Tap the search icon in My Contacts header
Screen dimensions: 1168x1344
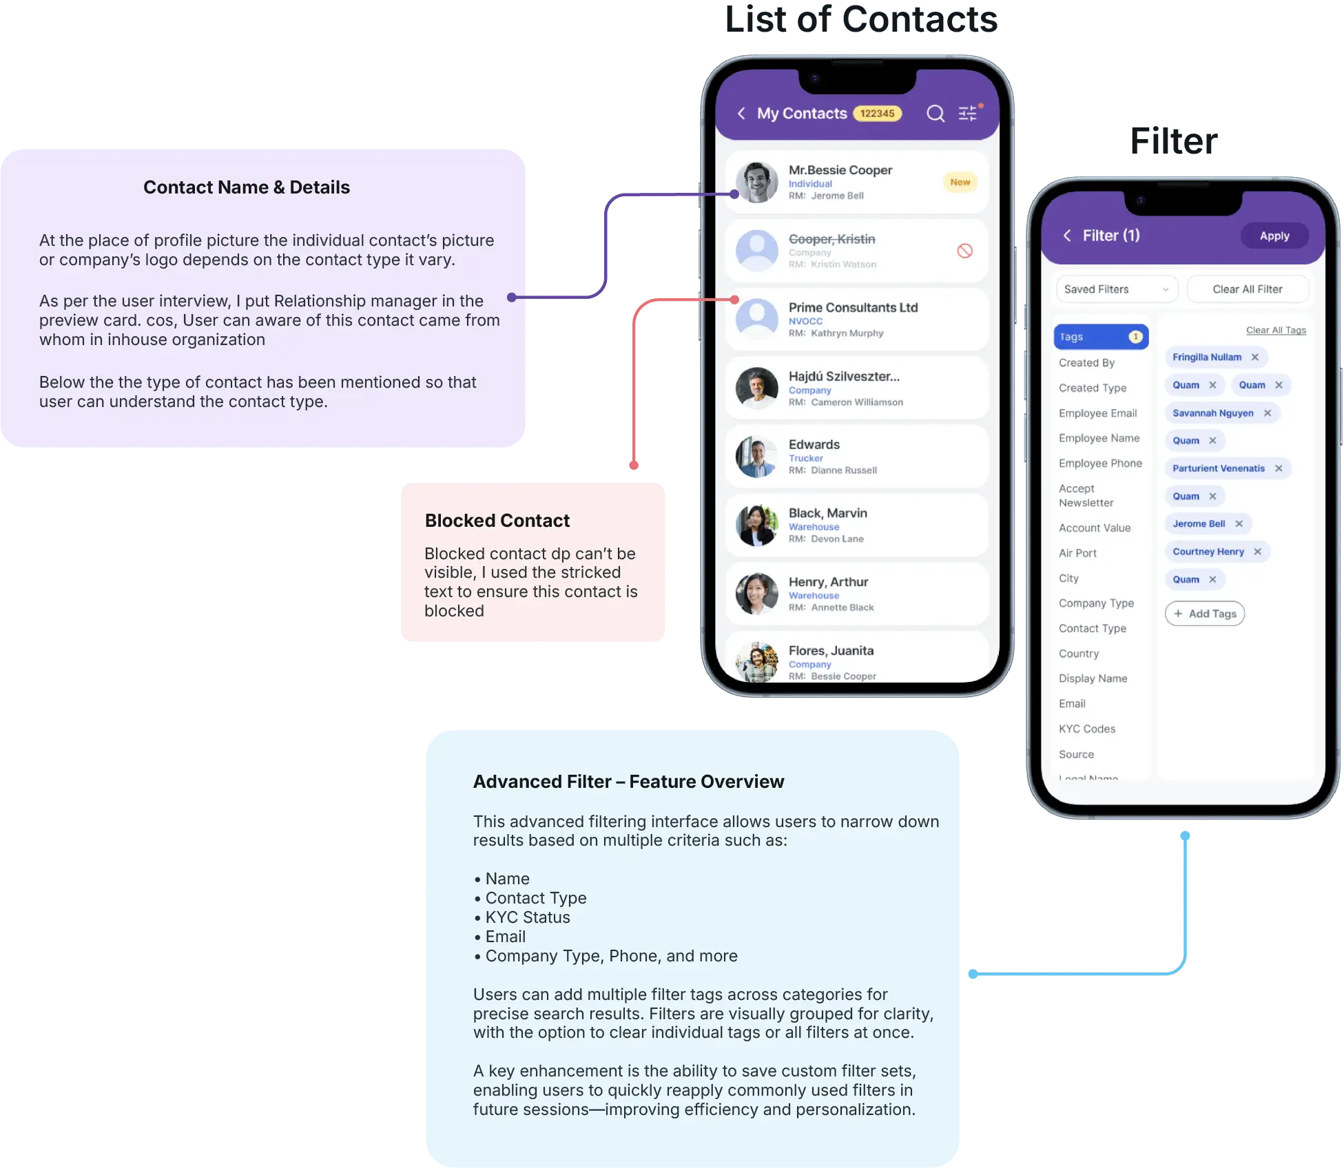(x=935, y=114)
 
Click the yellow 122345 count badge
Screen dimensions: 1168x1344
(x=877, y=114)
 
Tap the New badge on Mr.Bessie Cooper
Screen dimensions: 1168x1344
(x=960, y=182)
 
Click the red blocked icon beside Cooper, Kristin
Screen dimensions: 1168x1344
(x=964, y=251)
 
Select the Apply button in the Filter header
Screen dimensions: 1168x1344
(x=1274, y=236)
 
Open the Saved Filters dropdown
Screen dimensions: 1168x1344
(x=1116, y=289)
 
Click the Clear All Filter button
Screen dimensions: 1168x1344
(x=1247, y=289)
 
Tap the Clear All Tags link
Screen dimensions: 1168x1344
(x=1275, y=331)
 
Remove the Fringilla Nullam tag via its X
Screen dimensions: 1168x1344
(x=1255, y=357)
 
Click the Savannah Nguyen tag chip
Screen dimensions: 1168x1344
(x=1212, y=413)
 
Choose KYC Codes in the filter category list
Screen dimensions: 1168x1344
(x=1086, y=729)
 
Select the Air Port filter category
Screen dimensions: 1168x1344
(x=1077, y=553)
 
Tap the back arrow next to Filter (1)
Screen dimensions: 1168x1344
(x=1066, y=236)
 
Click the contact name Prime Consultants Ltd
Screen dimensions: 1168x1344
(x=853, y=308)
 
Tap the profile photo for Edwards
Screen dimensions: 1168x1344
(x=756, y=457)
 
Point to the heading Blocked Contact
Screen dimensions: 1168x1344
(x=497, y=521)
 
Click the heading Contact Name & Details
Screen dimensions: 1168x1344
(x=246, y=187)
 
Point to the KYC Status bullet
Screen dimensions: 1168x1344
(x=528, y=917)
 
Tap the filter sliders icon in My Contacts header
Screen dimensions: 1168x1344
(x=968, y=114)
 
